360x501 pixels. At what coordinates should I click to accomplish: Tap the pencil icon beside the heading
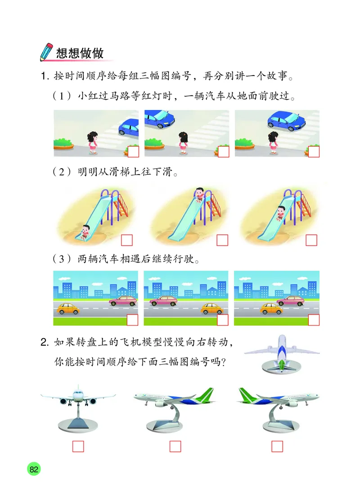[x=46, y=52]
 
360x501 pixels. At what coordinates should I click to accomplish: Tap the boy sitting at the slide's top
[x=199, y=194]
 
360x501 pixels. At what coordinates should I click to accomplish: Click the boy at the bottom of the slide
[x=85, y=230]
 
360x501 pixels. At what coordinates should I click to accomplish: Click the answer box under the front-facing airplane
[x=78, y=446]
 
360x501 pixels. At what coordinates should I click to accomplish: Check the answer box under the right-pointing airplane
[x=277, y=446]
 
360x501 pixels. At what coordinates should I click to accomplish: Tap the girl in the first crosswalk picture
[x=93, y=140]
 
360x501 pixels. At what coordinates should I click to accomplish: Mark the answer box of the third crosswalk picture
[x=314, y=152]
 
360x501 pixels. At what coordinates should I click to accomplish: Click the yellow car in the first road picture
[x=67, y=309]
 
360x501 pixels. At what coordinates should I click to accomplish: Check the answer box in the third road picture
[x=314, y=320]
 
